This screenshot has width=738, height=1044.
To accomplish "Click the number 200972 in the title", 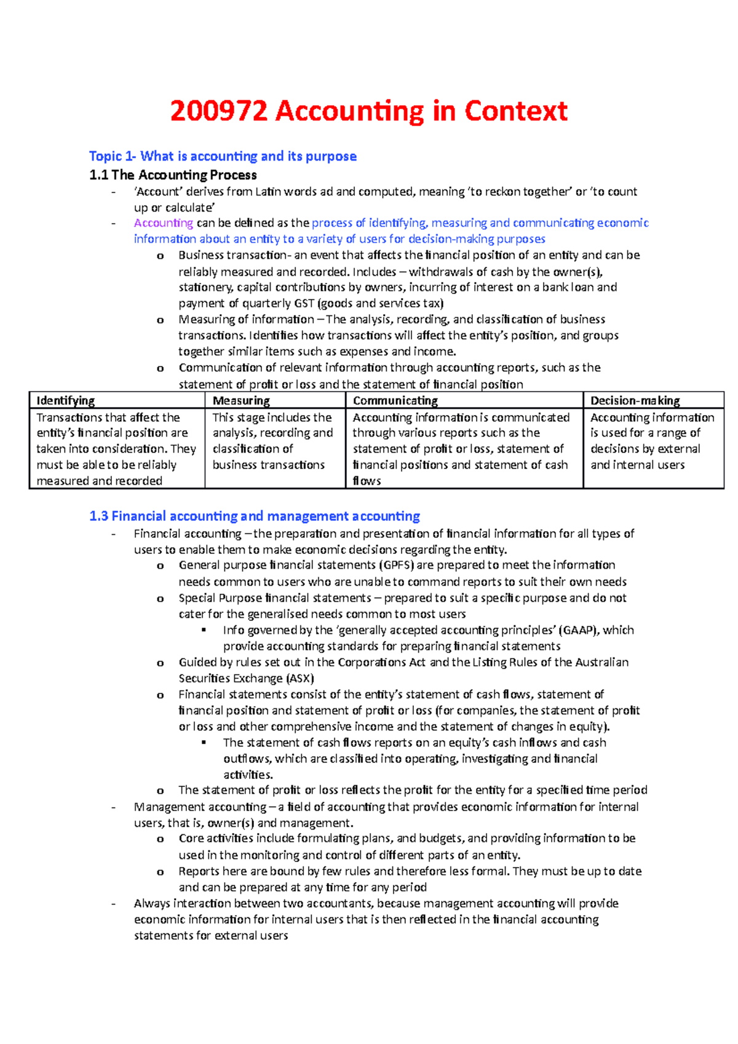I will [219, 111].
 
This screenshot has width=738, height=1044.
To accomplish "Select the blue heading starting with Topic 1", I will [223, 156].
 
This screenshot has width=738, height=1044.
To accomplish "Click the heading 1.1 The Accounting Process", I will [173, 175].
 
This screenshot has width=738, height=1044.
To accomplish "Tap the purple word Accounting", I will [164, 223].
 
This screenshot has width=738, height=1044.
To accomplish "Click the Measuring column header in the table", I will [241, 401].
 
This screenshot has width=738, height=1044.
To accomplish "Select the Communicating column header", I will [395, 401].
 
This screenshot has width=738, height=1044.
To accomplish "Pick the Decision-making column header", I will [635, 401].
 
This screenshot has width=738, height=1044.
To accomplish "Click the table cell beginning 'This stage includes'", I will [272, 441].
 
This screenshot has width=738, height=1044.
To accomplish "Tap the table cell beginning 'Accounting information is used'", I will [652, 441].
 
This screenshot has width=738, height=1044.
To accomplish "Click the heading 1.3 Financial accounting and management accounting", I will [255, 516].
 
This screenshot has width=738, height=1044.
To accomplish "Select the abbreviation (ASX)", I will [300, 679].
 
